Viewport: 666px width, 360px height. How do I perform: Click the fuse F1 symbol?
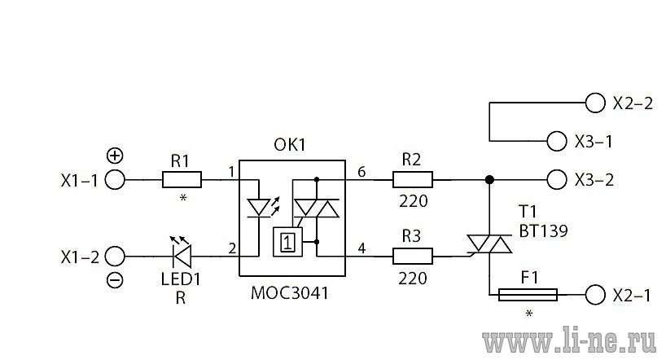tap(528, 295)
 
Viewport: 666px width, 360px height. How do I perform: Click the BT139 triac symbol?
tap(489, 244)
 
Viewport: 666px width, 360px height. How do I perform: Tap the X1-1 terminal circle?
tap(115, 180)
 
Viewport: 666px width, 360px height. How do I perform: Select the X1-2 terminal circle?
tap(115, 257)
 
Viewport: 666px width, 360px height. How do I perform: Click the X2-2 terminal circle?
tap(595, 103)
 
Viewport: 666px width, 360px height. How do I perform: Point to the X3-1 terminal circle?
tap(557, 141)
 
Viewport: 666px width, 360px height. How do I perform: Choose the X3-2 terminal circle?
tap(557, 180)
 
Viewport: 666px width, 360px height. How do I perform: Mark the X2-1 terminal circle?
tap(595, 295)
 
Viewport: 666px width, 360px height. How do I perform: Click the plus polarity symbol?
tap(115, 156)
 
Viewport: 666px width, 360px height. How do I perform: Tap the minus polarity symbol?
tap(115, 280)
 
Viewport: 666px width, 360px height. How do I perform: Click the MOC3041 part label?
tap(290, 293)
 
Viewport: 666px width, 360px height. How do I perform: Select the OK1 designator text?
tap(290, 145)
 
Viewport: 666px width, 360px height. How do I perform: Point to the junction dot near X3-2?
tap(489, 180)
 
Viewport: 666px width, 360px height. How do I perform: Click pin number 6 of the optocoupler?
tap(361, 172)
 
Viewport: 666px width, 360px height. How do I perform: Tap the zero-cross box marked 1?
tap(287, 242)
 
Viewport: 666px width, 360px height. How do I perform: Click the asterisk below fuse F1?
tap(528, 314)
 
